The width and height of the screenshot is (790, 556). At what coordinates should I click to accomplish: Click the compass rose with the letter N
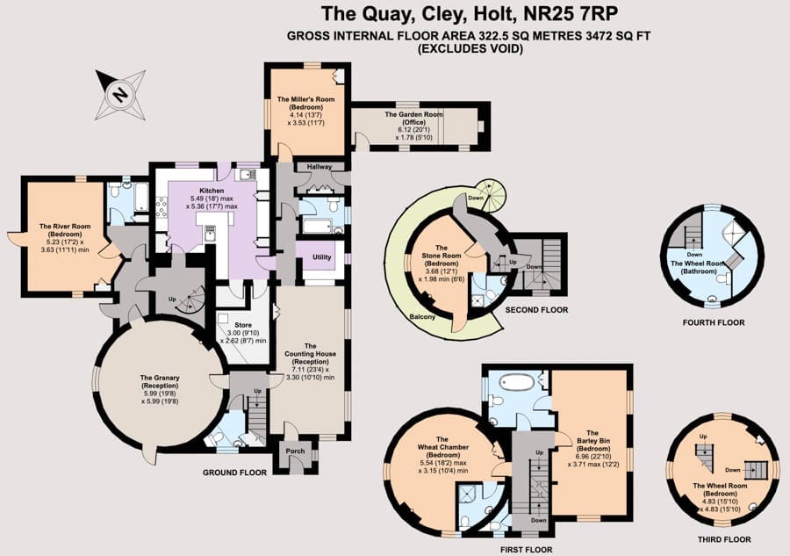(121, 94)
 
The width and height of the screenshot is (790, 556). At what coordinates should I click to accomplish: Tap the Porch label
(295, 451)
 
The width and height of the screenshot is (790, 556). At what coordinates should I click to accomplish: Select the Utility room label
(322, 257)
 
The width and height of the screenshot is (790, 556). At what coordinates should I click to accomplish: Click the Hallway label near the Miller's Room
(320, 166)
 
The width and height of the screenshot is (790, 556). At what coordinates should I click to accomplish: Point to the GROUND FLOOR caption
(234, 473)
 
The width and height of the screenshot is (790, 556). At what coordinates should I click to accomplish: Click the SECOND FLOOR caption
(536, 310)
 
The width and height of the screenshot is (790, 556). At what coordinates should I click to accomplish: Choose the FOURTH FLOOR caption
(714, 322)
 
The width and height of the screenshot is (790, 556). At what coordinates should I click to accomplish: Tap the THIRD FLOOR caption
(724, 539)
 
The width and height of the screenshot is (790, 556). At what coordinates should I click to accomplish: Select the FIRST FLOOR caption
(526, 550)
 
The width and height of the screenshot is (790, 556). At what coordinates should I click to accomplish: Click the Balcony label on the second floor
(422, 317)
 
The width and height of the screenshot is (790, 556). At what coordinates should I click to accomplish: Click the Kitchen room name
(212, 191)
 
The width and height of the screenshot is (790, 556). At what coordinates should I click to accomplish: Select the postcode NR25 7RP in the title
(571, 13)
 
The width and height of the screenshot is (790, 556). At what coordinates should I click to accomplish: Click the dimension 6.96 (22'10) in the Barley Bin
(592, 457)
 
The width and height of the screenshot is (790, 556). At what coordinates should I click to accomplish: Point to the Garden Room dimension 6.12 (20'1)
(413, 129)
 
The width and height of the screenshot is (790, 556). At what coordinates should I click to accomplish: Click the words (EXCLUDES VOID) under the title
(470, 49)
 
